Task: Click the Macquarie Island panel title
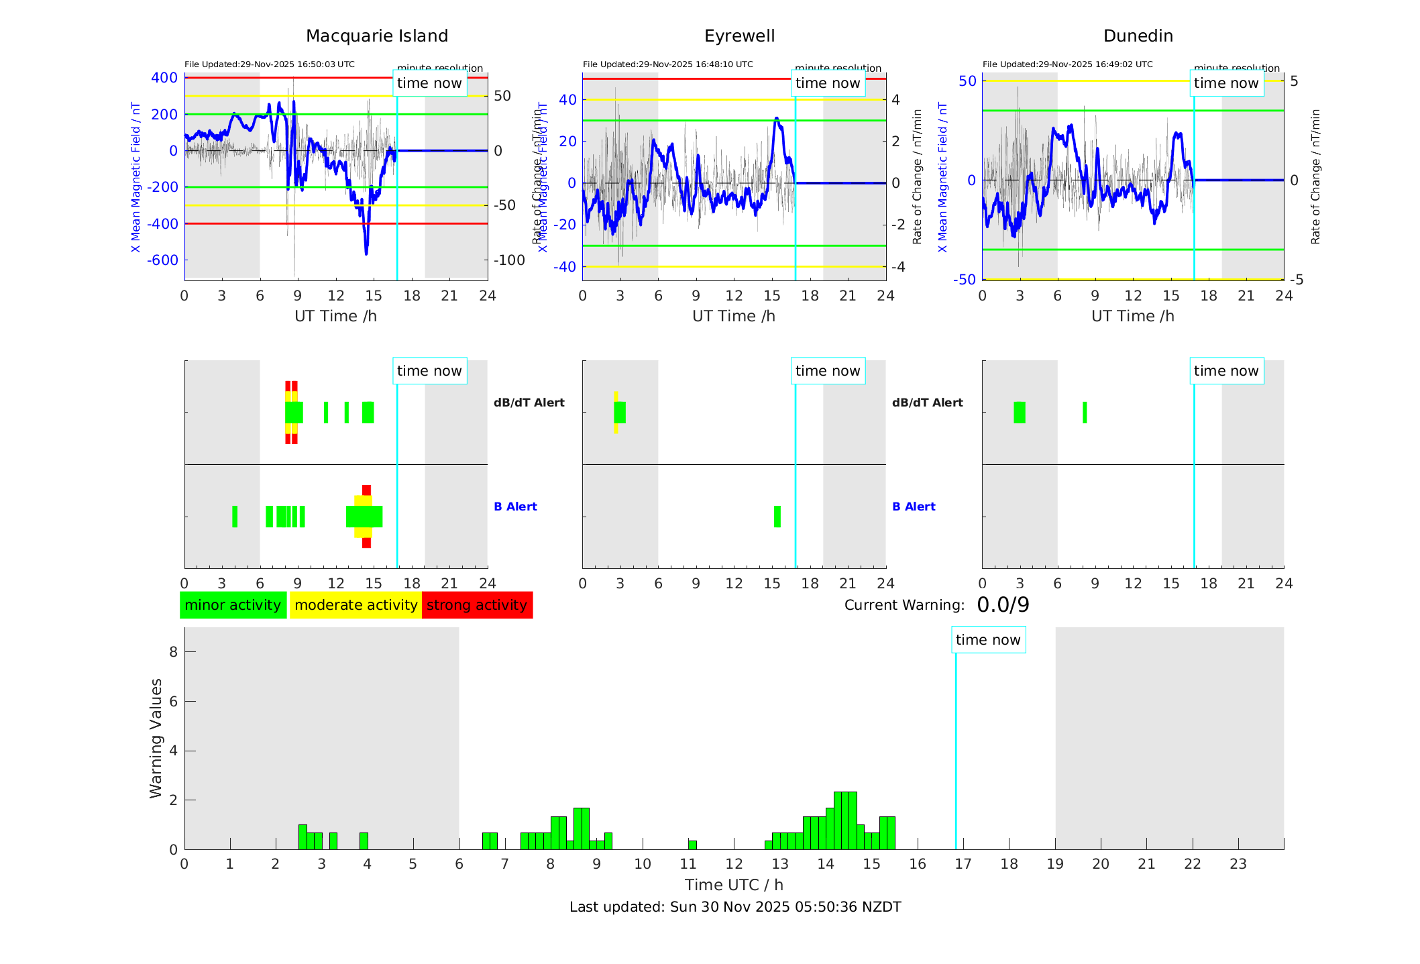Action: [x=376, y=36]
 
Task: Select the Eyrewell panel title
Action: [x=739, y=36]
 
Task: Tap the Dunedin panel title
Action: [x=1138, y=36]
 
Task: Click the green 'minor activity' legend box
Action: [x=233, y=605]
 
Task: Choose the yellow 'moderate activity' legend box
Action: [x=356, y=605]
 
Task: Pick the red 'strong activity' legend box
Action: [x=477, y=605]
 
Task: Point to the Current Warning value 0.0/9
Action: [x=1003, y=605]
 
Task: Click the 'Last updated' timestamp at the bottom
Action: [x=735, y=907]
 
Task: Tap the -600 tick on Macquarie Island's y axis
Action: [x=164, y=260]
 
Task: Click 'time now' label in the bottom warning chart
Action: [x=988, y=640]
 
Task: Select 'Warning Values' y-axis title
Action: [x=156, y=738]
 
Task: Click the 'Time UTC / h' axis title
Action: [x=734, y=885]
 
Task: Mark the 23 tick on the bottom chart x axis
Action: [x=1238, y=864]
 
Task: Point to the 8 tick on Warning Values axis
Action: [x=174, y=652]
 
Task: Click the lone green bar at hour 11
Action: [x=692, y=845]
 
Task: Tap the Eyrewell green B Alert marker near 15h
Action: [x=777, y=517]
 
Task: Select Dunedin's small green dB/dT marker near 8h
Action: [x=1085, y=413]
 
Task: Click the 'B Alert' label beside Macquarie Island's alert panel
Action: [x=515, y=506]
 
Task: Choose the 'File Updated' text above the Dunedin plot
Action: [x=1067, y=64]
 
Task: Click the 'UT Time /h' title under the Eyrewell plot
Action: [x=734, y=316]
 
